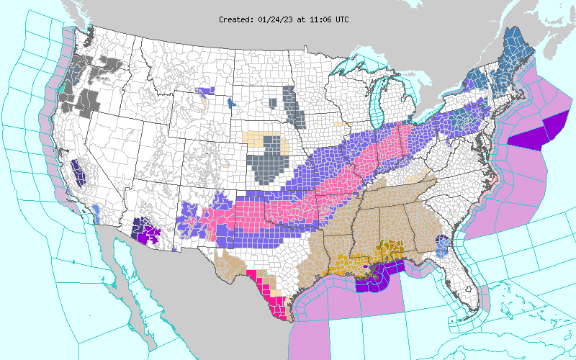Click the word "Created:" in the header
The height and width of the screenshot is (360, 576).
pyautogui.click(x=236, y=19)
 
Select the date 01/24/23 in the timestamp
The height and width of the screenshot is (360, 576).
pyautogui.click(x=275, y=19)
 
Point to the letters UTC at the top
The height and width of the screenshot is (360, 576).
pyautogui.click(x=341, y=19)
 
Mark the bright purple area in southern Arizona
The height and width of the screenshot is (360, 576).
pyautogui.click(x=148, y=234)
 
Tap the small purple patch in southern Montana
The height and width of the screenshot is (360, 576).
pyautogui.click(x=207, y=91)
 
